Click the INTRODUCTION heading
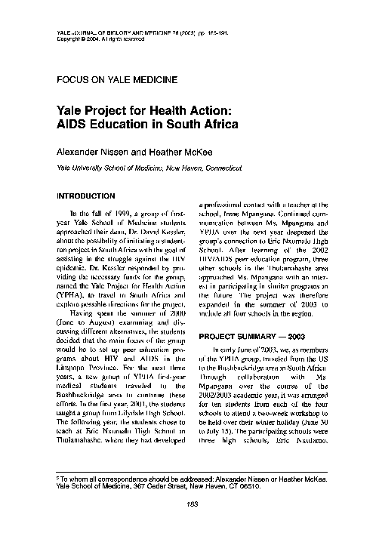click(x=87, y=196)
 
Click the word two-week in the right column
click(x=282, y=406)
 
